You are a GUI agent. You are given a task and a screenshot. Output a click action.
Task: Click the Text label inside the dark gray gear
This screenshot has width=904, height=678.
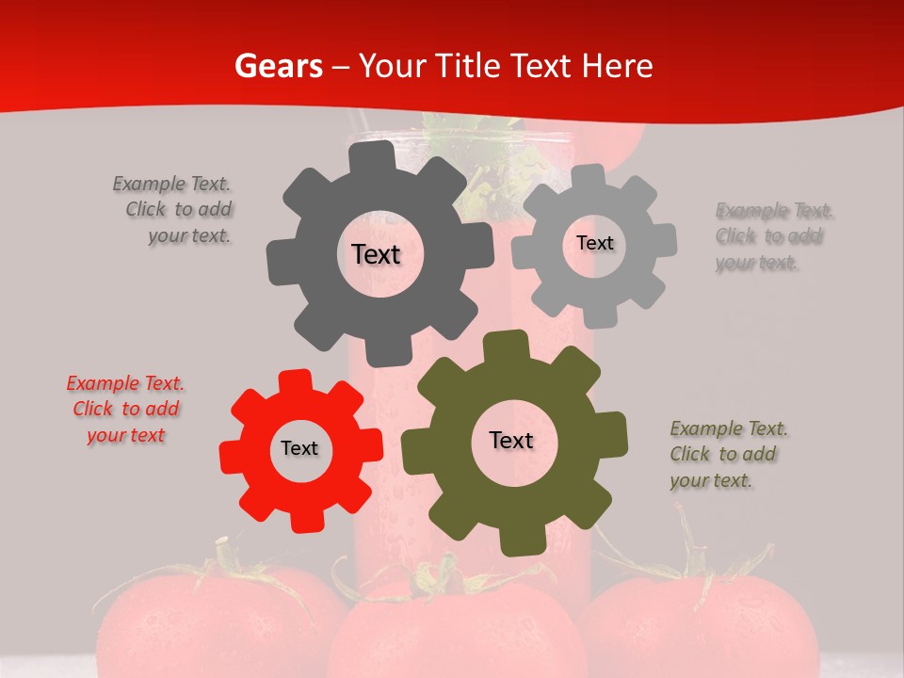click(x=376, y=254)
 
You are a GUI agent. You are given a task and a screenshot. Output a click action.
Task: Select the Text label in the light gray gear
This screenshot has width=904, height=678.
click(x=594, y=243)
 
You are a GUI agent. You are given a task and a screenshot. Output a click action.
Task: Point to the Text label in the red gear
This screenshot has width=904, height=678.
click(x=299, y=449)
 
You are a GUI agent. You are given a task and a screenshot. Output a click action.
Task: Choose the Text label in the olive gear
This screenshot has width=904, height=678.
click(x=511, y=441)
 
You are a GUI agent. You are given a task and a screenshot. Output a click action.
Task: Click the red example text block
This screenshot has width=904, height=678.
click(x=126, y=410)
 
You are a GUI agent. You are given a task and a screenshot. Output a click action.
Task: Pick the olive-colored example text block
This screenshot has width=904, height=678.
click(x=728, y=455)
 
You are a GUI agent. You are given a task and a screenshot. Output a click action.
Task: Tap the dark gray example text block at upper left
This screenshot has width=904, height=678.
click(x=173, y=210)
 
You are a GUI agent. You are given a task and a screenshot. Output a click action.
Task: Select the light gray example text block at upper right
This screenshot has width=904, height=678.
click(x=774, y=236)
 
